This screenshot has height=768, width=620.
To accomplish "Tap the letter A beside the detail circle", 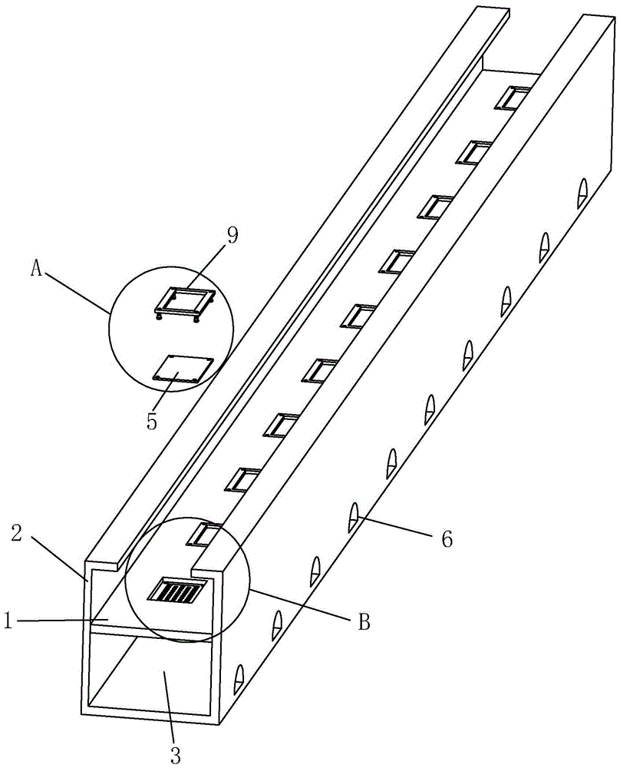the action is pos(36,268).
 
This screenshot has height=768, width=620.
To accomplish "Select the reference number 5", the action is pos(152,421).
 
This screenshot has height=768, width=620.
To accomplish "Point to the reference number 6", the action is pos(447,539).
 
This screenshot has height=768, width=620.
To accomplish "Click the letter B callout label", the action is pos(364,623).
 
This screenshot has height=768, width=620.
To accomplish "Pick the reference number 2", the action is pos(18,534).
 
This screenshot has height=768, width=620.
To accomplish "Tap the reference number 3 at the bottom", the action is pos(175,755).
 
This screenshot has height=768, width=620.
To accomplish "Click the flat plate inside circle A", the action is pos(183,369).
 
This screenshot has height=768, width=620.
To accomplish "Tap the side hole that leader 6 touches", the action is pos(353,517).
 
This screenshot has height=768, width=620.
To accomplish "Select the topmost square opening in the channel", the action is pos(512,97).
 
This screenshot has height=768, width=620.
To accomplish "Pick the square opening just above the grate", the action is pos(203,535).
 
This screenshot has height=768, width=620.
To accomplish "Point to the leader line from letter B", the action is pos(301,605).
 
